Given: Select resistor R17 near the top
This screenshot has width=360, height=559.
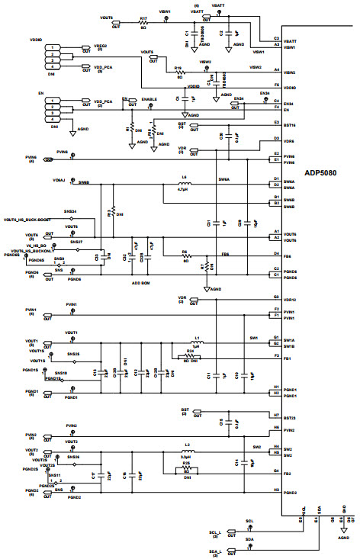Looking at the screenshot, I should coord(143,20).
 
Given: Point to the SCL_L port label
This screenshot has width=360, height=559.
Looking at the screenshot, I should coord(214,532).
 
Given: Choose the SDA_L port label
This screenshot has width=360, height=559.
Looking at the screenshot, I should coord(214,551).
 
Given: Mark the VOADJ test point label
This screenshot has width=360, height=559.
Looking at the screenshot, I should coord(59,180).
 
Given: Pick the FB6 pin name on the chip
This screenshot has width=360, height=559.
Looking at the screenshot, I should coord(288,253).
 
